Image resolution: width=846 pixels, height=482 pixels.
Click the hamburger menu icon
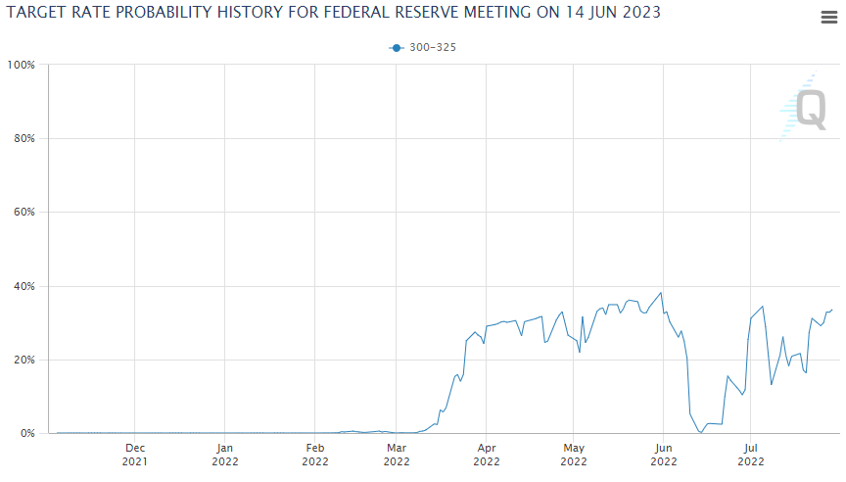click(828, 17)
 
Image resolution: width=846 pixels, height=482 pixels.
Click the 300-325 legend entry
click(423, 47)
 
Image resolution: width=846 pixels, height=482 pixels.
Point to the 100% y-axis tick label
click(22, 65)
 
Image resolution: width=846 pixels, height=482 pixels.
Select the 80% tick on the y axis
click(23, 138)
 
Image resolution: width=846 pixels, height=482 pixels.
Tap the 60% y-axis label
click(23, 213)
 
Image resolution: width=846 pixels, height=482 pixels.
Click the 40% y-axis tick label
click(23, 286)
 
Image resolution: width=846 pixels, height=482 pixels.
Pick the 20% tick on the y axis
click(23, 360)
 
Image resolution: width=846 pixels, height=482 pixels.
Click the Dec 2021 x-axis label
click(135, 453)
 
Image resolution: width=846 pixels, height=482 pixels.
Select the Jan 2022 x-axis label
click(225, 453)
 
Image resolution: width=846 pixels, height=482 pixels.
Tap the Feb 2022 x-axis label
click(315, 453)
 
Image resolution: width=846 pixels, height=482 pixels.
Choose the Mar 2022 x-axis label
click(397, 453)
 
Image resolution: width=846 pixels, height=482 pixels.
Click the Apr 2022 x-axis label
click(487, 453)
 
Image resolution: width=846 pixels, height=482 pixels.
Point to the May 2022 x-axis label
click(574, 453)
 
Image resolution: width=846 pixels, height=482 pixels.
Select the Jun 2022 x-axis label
click(663, 453)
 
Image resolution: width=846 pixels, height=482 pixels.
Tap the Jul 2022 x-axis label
click(751, 453)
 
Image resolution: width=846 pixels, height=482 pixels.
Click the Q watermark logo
click(809, 108)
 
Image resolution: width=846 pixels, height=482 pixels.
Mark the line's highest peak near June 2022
click(662, 292)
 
